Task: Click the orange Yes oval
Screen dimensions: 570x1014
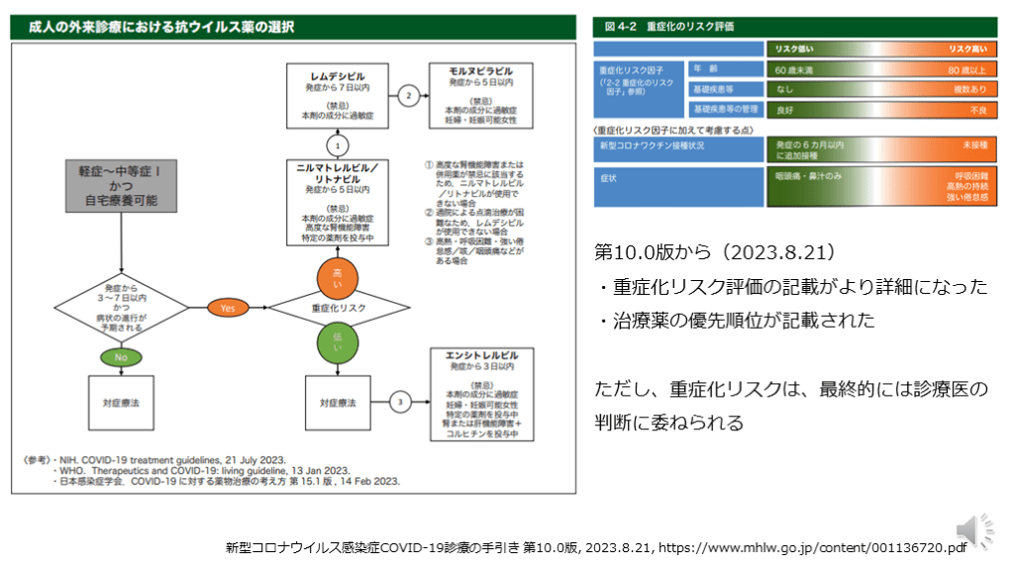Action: (228, 308)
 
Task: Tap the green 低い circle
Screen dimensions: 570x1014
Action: (337, 343)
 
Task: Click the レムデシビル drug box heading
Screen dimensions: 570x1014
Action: (338, 75)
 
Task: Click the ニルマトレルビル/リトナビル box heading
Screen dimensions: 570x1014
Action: (338, 171)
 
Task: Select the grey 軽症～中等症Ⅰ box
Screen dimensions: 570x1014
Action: (121, 185)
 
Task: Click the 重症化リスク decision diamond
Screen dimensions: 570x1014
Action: (337, 309)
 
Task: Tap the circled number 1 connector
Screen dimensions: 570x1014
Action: (337, 144)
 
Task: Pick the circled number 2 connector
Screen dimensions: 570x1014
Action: (408, 96)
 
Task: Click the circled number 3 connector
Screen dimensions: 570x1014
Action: (399, 403)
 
